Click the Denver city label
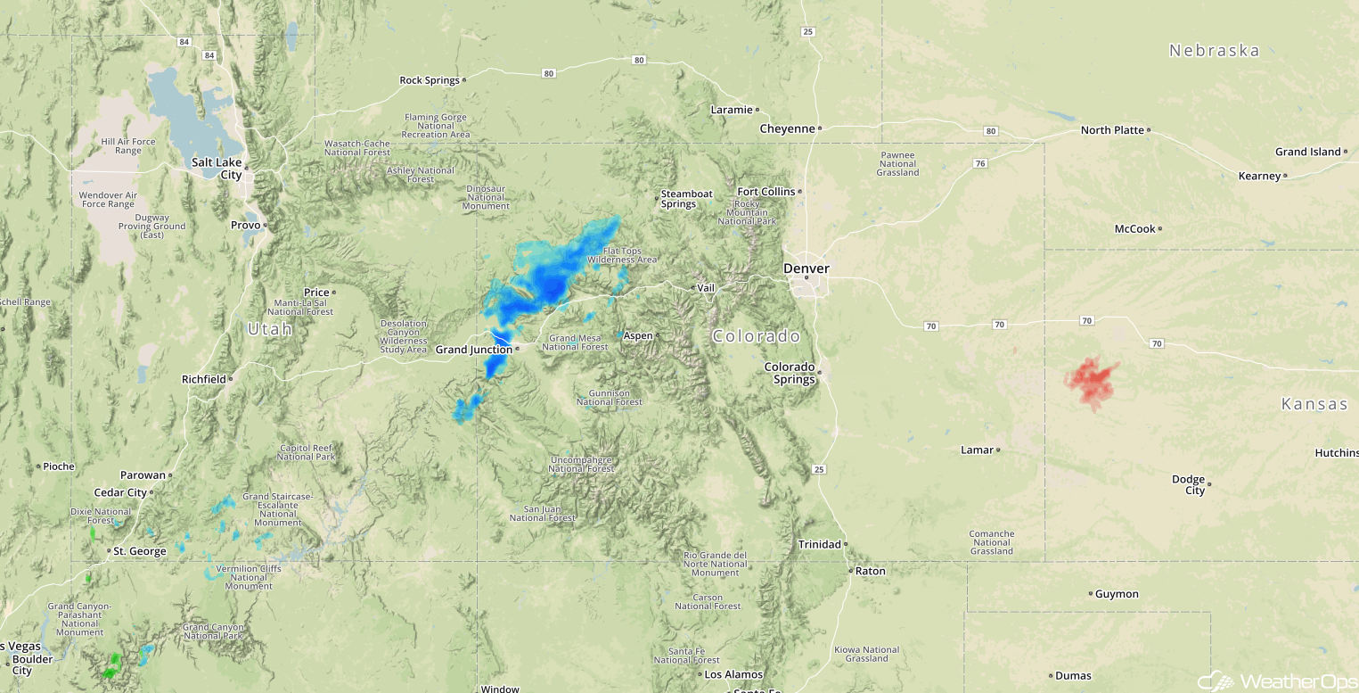(x=806, y=268)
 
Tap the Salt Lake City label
(x=217, y=169)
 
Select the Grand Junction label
(x=473, y=350)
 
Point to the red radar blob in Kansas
(x=1092, y=381)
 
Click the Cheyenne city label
(x=787, y=128)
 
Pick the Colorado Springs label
(x=790, y=373)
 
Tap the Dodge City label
(x=1189, y=485)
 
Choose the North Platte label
(x=1111, y=130)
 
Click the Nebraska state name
(x=1214, y=51)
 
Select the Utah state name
(x=269, y=330)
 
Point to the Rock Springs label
(x=430, y=80)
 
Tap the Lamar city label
(x=977, y=450)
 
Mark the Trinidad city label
(x=819, y=544)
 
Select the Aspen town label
(x=638, y=335)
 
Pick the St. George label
(x=140, y=551)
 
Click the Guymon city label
(x=1116, y=594)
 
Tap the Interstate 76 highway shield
(x=980, y=163)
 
